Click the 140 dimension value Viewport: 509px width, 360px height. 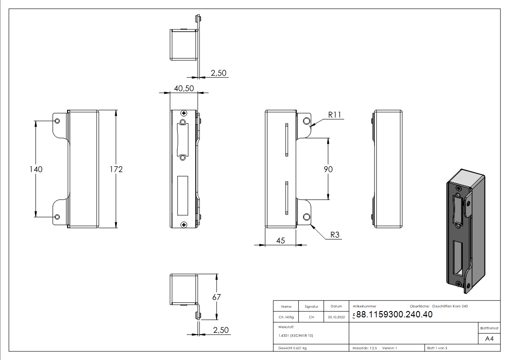tap(36, 169)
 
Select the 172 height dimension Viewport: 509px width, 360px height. tap(116, 169)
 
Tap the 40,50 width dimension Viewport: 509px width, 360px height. tap(184, 88)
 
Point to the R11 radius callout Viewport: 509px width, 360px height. tap(334, 115)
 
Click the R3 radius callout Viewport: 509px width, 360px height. tap(335, 235)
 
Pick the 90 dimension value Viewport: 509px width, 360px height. tap(328, 169)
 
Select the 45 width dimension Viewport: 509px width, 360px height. tap(280, 241)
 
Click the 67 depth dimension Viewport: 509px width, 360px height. tap(217, 297)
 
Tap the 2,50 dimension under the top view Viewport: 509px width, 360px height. tap(218, 73)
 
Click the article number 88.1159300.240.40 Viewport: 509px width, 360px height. tap(394, 315)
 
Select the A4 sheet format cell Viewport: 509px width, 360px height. tap(490, 339)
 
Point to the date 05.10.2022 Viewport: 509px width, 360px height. tap(336, 317)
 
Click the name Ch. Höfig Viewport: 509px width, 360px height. tap(286, 317)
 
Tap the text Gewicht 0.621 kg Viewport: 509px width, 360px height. tap(293, 348)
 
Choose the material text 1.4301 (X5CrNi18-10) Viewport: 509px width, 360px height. tap(296, 336)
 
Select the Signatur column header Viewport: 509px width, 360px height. tap(311, 306)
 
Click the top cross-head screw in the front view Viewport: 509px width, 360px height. tap(184, 113)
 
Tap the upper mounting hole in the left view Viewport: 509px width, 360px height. tap(58, 121)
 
